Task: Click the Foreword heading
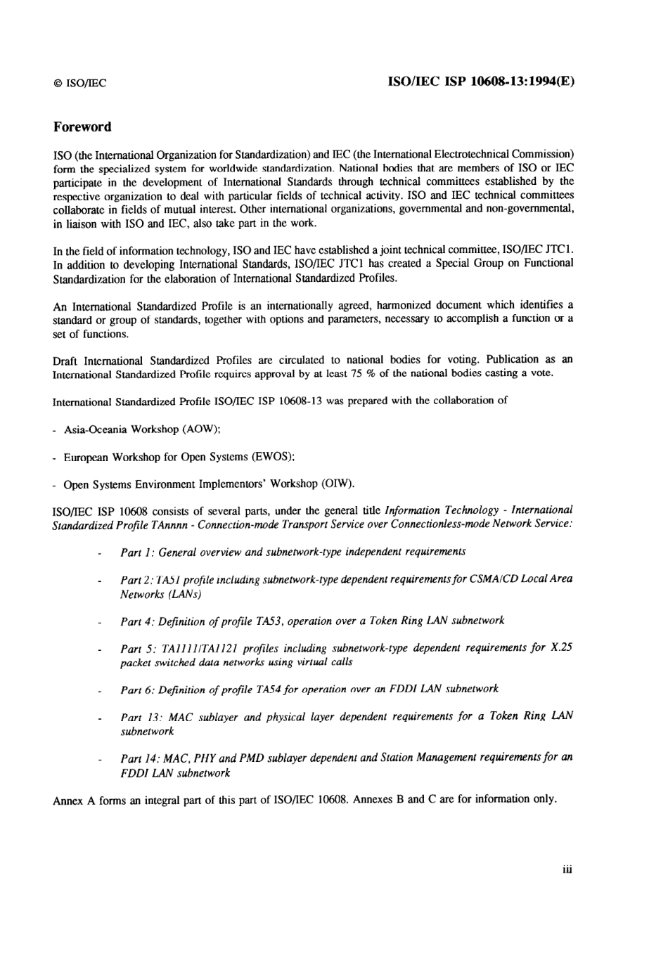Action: pos(82,127)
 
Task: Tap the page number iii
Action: pos(567,869)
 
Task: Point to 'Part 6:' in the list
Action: pos(137,690)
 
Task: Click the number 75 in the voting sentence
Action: pos(356,373)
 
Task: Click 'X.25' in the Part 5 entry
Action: pos(562,648)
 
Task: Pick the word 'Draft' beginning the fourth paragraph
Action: pos(66,360)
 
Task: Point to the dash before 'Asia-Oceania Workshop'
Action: pos(56,430)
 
